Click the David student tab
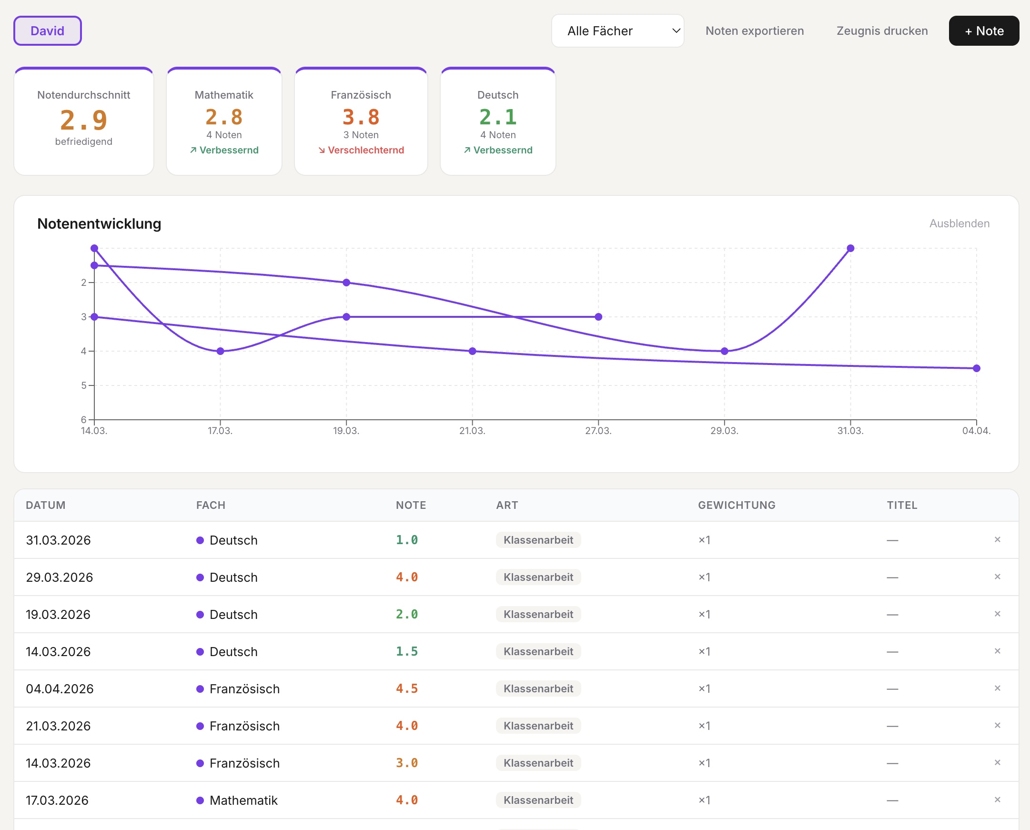(x=47, y=31)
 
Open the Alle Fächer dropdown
(x=617, y=31)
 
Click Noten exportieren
(x=754, y=31)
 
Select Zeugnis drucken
(x=882, y=31)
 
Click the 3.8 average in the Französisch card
(x=361, y=117)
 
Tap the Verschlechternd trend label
(x=361, y=150)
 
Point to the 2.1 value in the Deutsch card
(x=497, y=117)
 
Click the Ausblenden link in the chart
(x=959, y=223)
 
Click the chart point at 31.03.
(x=850, y=248)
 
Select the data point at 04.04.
(x=976, y=368)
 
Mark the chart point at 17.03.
(x=220, y=351)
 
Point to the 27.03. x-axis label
(x=598, y=431)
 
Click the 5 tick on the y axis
(x=84, y=385)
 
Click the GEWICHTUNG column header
(x=736, y=505)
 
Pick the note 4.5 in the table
(x=406, y=688)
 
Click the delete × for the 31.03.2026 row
(x=997, y=540)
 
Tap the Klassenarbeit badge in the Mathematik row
(x=538, y=800)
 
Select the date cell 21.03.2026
(x=58, y=726)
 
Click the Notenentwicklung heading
(x=99, y=224)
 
